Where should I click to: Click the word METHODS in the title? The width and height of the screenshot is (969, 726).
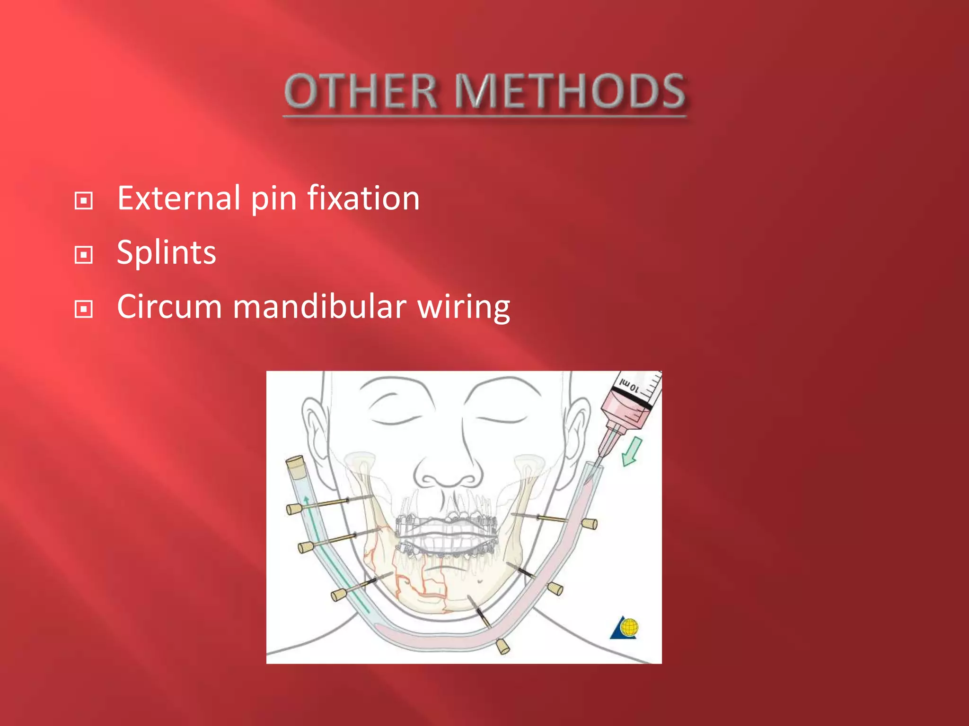[x=570, y=91]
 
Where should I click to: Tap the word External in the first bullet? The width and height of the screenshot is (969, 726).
[x=178, y=198]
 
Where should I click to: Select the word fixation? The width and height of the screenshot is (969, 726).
[x=363, y=198]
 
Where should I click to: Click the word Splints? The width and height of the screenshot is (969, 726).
[x=166, y=252]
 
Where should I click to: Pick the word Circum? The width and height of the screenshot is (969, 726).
[x=169, y=307]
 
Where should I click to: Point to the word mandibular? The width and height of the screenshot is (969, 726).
[x=319, y=307]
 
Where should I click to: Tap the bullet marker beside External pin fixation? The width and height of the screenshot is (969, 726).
[x=84, y=201]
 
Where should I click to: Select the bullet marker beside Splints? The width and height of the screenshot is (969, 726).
[x=84, y=255]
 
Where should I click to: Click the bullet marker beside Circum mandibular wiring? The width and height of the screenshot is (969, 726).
[x=84, y=310]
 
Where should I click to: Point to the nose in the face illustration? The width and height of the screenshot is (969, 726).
[x=448, y=468]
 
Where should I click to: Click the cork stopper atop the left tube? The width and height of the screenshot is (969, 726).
[x=295, y=464]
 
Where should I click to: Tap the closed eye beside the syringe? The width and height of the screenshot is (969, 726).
[x=502, y=418]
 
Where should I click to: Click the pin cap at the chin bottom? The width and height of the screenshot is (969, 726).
[x=503, y=646]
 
